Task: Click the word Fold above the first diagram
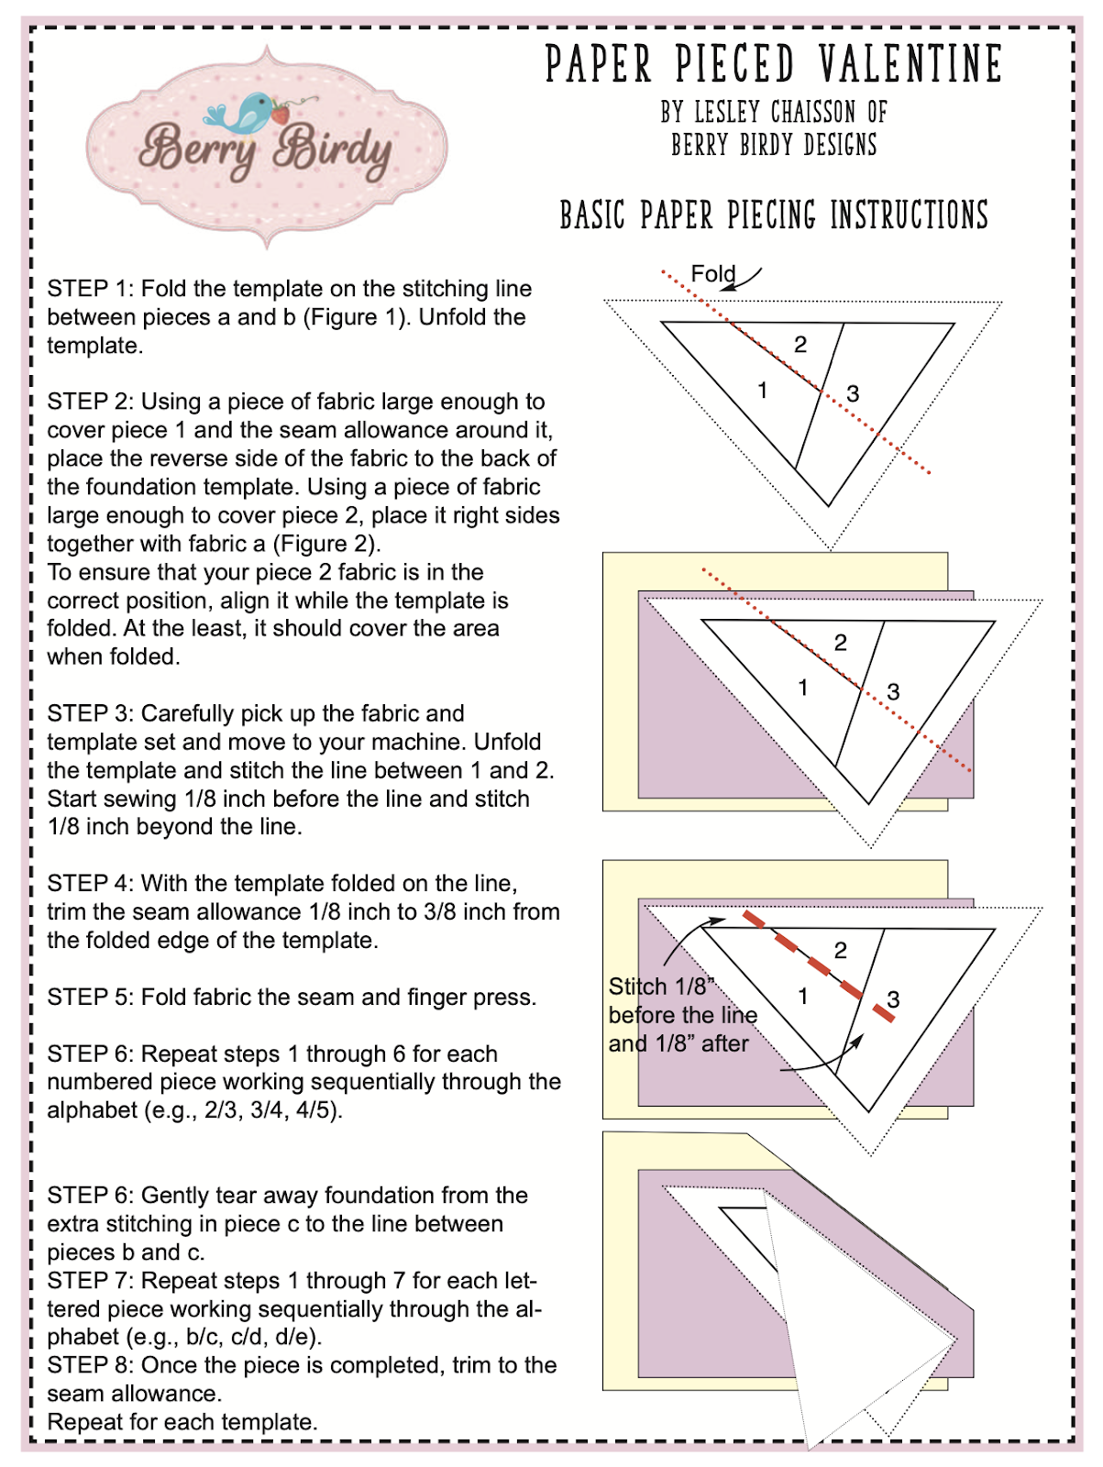[x=712, y=274]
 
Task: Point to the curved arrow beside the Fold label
[x=745, y=279]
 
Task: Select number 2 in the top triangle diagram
[x=800, y=345]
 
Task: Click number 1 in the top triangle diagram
[x=762, y=391]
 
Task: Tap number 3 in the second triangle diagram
[x=893, y=692]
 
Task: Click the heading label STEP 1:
[x=91, y=289]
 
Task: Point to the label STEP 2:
[x=91, y=402]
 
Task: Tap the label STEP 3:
[x=91, y=713]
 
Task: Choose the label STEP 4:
[x=91, y=883]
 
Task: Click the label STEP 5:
[x=91, y=997]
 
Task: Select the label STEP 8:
[x=91, y=1365]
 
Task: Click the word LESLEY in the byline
[x=728, y=113]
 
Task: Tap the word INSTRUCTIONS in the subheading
[x=909, y=216]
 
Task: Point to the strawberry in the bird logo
[x=280, y=115]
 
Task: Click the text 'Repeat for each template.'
[x=182, y=1422]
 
